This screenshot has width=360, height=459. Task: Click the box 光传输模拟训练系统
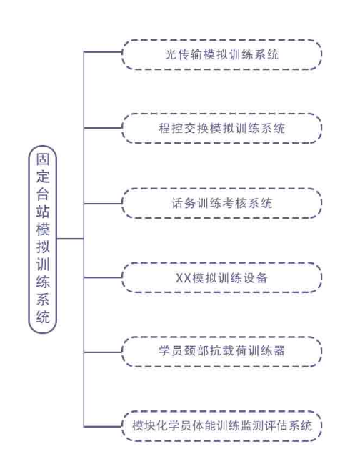[222, 55]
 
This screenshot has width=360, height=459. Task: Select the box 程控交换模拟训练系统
[222, 128]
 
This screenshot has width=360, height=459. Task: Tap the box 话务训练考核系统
[222, 204]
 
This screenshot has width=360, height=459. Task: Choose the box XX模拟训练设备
[222, 277]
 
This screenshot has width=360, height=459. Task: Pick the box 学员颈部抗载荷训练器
[222, 351]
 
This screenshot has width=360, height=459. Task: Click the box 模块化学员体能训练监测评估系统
[222, 426]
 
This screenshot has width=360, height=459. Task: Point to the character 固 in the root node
[43, 159]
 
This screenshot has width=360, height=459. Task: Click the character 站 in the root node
[43, 212]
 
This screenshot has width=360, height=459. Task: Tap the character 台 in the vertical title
[43, 194]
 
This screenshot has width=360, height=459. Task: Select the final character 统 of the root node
[43, 317]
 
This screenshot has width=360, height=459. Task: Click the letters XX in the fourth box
[184, 278]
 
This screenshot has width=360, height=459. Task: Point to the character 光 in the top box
[171, 55]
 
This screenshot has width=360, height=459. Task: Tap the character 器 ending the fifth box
[279, 351]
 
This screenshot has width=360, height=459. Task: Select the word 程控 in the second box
[171, 128]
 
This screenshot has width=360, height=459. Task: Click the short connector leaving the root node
[70, 239]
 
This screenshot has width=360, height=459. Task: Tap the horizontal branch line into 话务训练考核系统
[103, 204]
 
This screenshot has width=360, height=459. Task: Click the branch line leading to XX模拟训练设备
[103, 277]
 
